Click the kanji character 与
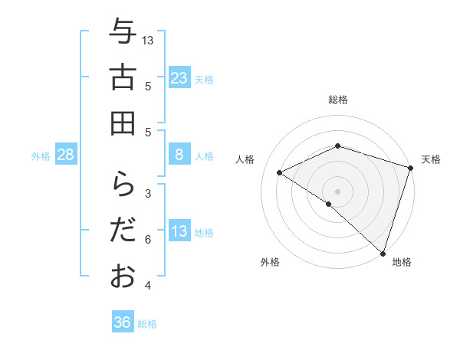(x=123, y=33)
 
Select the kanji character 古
(x=123, y=78)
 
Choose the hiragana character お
(x=123, y=276)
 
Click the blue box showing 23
(x=179, y=77)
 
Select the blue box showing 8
(x=179, y=155)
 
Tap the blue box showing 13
(x=179, y=231)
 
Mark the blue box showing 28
(x=66, y=155)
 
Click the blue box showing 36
(x=123, y=322)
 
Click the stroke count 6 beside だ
(x=148, y=240)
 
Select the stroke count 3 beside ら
(x=148, y=193)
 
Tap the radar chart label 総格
(x=338, y=100)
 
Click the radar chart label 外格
(x=270, y=262)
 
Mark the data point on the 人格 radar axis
(x=280, y=172)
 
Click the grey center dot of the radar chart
(x=338, y=191)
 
